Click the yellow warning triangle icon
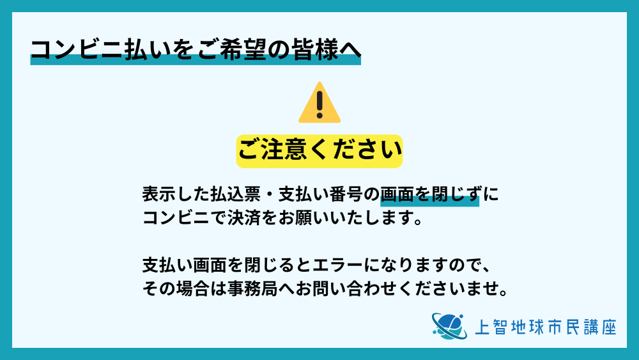(319, 102)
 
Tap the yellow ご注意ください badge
(319, 151)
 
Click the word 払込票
(235, 194)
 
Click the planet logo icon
(449, 327)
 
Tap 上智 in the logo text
(491, 327)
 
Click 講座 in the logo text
(600, 327)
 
